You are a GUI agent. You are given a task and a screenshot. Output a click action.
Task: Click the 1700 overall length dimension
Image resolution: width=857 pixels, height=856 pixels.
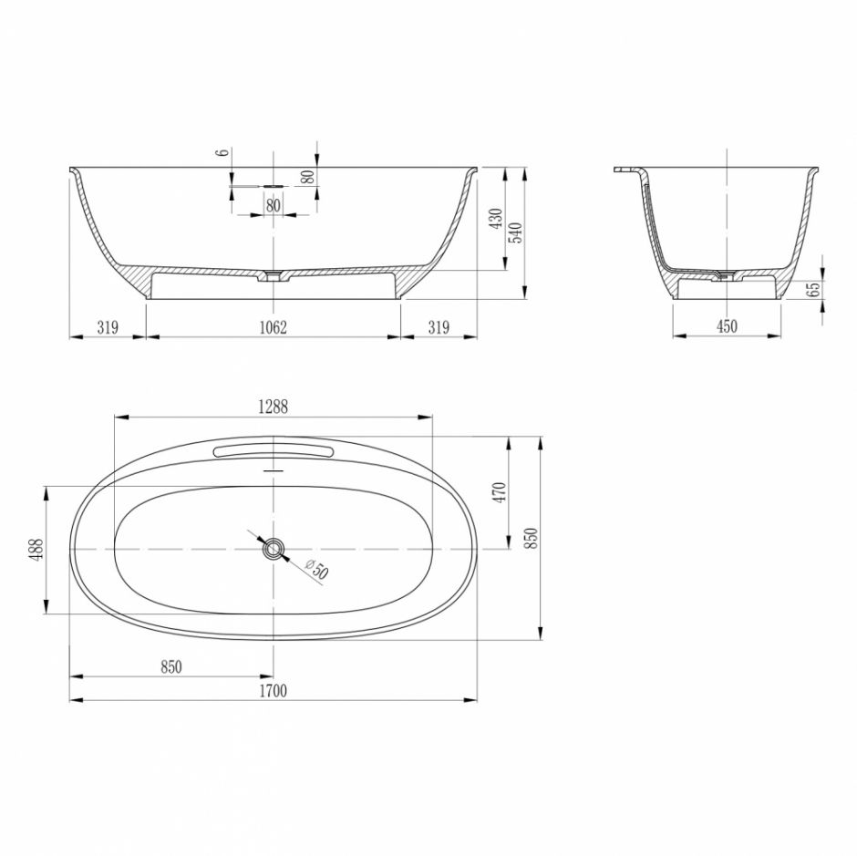click(273, 692)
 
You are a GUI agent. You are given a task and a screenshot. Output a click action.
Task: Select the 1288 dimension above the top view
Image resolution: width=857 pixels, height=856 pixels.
click(273, 407)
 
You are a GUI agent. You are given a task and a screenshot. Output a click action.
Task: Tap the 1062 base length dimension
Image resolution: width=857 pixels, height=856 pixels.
click(273, 327)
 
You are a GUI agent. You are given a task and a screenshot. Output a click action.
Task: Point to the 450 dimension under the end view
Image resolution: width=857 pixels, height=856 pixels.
click(727, 327)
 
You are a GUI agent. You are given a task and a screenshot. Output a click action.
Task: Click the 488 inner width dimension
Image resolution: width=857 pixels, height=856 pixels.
click(36, 550)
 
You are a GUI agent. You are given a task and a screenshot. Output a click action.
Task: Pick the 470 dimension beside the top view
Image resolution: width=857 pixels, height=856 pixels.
click(501, 492)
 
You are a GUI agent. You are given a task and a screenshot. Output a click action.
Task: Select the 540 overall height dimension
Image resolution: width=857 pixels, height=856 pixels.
click(515, 233)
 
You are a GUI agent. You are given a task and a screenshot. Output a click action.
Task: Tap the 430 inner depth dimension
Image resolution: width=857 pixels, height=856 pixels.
click(496, 219)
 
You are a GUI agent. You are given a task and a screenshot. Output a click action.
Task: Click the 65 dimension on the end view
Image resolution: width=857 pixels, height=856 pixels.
click(815, 289)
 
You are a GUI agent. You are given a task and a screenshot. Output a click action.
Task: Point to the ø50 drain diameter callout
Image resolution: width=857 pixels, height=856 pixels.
click(316, 570)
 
